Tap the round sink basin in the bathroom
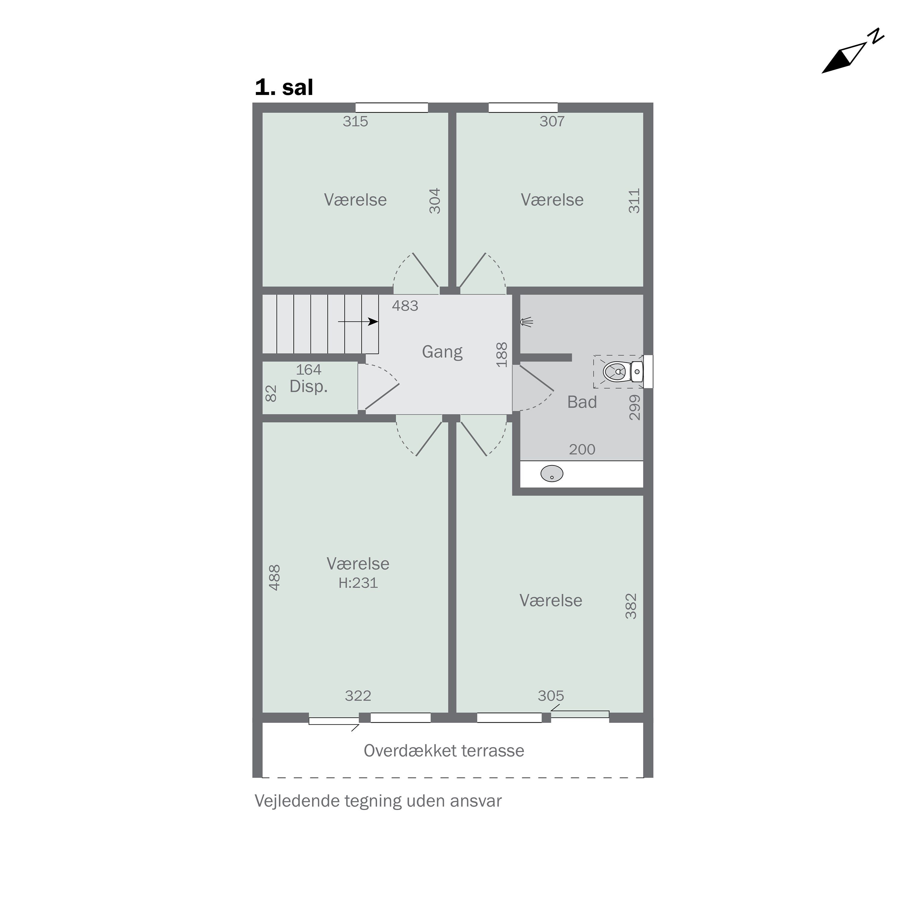coord(552,474)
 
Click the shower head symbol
coord(527,322)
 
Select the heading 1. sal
coord(284,87)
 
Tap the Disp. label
coord(308,387)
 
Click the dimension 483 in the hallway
coord(405,306)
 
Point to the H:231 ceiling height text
coord(358,583)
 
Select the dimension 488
coord(275,578)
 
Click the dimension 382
coord(631,606)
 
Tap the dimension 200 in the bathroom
coord(582,449)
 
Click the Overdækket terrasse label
coord(443,751)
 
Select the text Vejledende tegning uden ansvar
coord(378,801)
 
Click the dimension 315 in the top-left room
coord(355,121)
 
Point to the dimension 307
coord(552,121)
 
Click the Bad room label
coord(582,402)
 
